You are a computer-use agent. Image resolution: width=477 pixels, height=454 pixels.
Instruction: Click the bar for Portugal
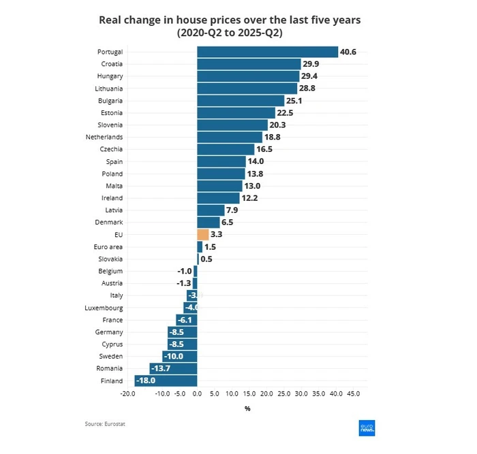[267, 52]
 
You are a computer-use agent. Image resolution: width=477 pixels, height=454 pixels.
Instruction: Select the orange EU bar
[202, 234]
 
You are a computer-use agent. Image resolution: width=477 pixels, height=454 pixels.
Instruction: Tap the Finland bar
[166, 381]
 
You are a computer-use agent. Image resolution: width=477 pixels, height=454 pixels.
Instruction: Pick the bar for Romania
[173, 369]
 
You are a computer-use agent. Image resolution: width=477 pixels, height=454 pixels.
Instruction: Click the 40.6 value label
[348, 52]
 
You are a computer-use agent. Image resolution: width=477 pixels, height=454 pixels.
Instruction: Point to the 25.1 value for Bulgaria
[294, 101]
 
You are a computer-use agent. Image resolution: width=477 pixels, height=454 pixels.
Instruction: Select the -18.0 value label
[146, 381]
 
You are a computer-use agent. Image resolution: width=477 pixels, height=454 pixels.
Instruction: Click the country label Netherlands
[104, 137]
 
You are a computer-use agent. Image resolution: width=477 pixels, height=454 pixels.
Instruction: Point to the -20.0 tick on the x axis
[127, 393]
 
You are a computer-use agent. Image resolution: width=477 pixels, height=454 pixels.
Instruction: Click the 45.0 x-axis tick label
[354, 393]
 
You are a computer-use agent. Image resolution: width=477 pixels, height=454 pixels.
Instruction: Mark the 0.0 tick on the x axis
[197, 393]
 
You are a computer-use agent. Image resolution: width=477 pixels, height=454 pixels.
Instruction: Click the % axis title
[247, 408]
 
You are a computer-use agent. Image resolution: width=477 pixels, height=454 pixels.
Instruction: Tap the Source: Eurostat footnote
[105, 424]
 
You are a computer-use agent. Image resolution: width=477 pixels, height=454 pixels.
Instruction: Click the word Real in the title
[112, 20]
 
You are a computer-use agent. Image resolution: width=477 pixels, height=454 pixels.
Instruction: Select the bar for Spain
[221, 161]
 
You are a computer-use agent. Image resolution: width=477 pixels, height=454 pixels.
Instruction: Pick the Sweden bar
[180, 357]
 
